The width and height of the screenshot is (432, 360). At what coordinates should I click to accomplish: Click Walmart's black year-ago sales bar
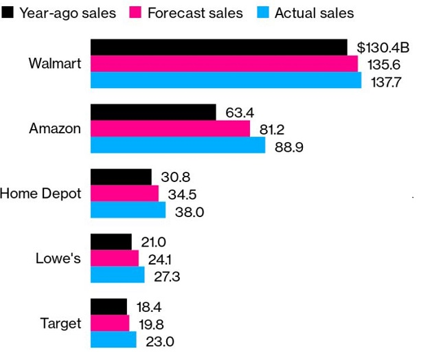point(218,47)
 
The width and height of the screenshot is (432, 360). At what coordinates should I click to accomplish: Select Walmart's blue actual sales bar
point(226,80)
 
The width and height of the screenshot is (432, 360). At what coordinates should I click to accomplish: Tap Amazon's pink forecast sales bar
point(170,128)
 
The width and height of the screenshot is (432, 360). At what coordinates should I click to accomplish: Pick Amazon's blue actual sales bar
point(178,145)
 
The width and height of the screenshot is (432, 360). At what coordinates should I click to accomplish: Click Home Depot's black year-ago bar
point(121,177)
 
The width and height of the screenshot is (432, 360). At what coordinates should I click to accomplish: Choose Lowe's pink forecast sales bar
point(115,258)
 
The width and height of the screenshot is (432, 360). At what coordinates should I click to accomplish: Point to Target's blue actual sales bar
point(113,340)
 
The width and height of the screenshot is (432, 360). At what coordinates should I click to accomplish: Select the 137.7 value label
point(385,81)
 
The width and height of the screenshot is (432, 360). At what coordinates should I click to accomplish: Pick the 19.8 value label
point(150,324)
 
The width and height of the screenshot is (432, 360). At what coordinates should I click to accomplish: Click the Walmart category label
point(55,64)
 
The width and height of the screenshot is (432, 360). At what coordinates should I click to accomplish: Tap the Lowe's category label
point(58,258)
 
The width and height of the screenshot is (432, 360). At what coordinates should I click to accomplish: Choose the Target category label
point(60,324)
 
